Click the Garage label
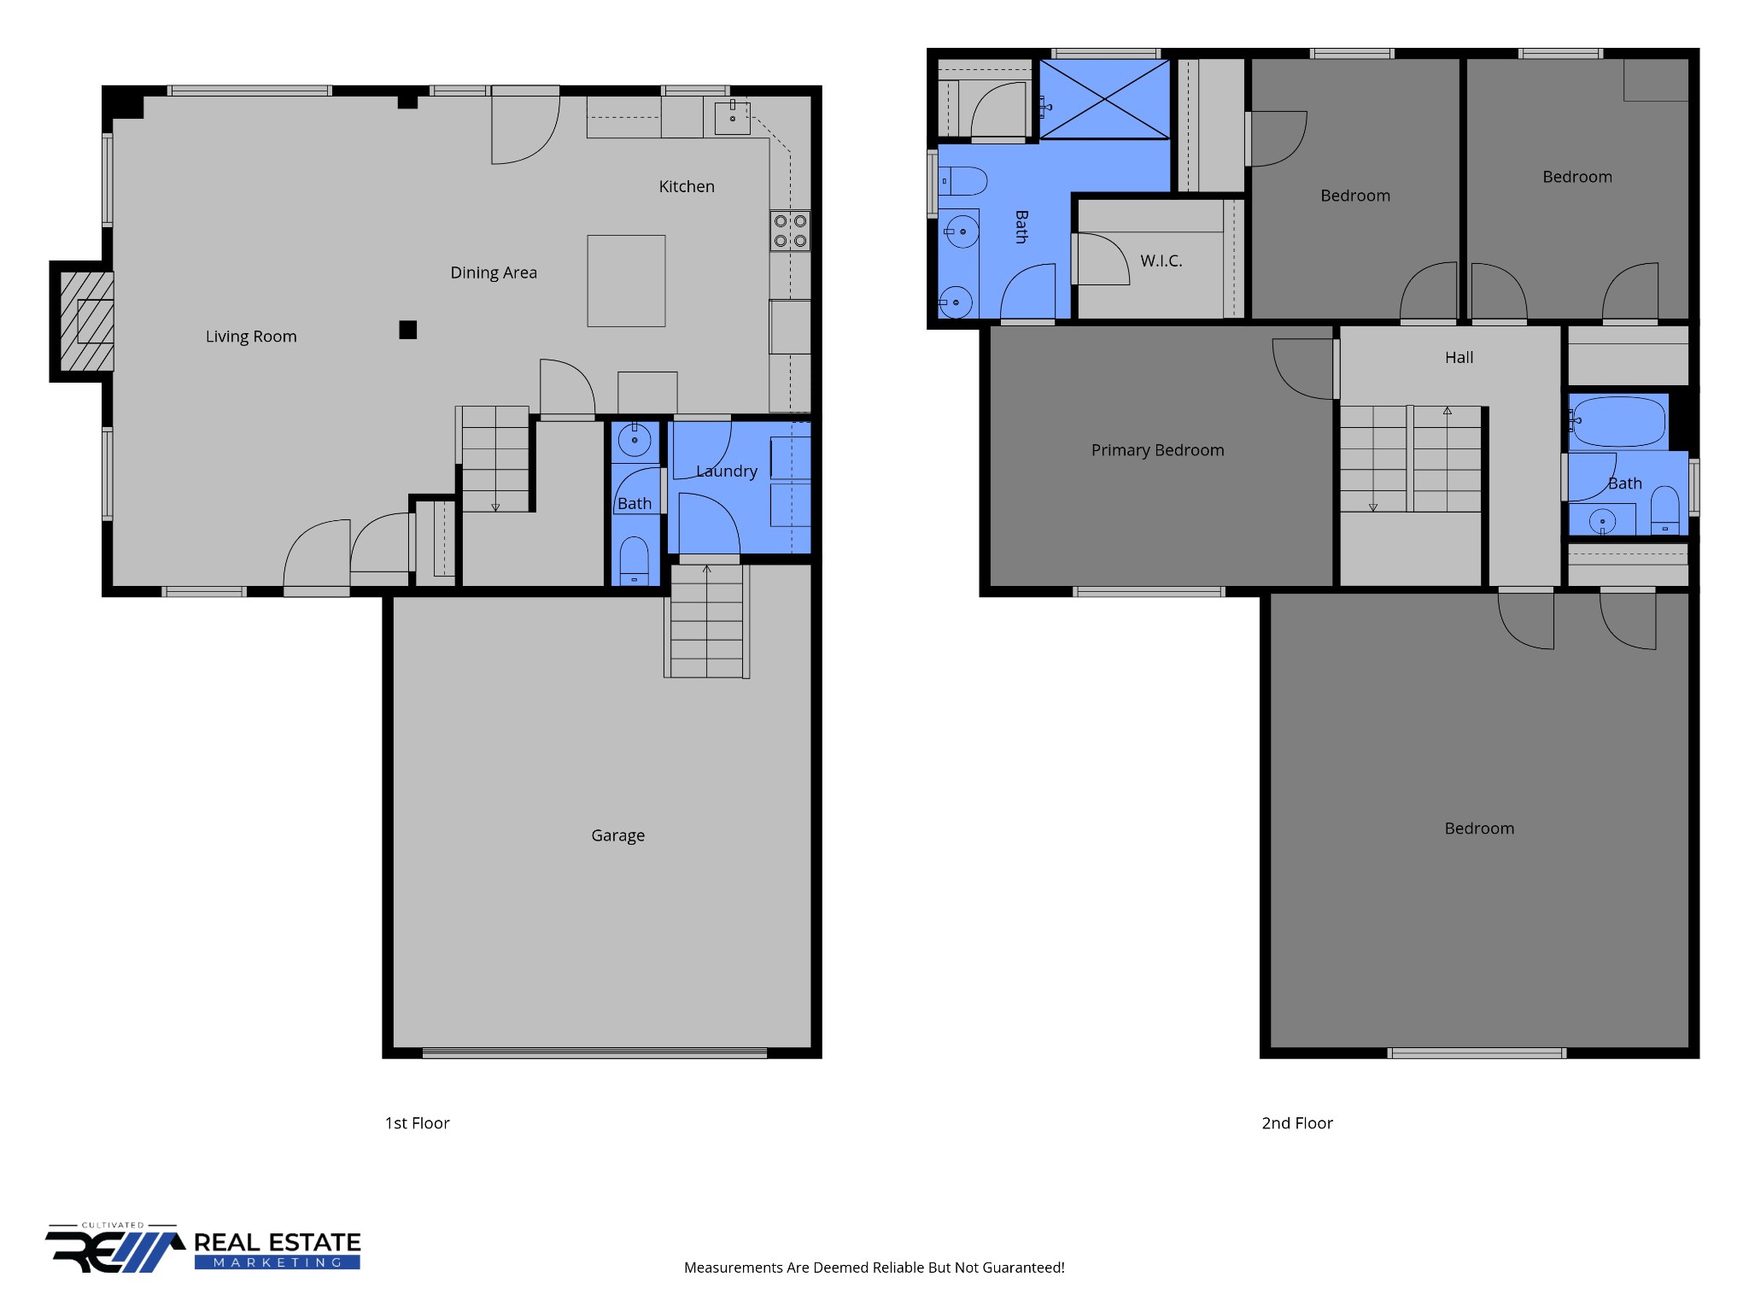(617, 835)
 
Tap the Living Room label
(251, 337)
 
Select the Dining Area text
(494, 272)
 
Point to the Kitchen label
(687, 186)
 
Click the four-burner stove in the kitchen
(790, 231)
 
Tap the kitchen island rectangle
(626, 281)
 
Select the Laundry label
(727, 471)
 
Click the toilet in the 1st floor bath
(634, 559)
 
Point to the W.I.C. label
(1161, 261)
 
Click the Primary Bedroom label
(1157, 450)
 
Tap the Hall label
(1459, 357)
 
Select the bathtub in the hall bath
(1619, 422)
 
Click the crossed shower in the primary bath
(1104, 99)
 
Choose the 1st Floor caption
(417, 1123)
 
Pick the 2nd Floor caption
(1297, 1123)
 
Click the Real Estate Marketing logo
(203, 1248)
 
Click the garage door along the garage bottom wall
(594, 1053)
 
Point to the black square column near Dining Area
(408, 330)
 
